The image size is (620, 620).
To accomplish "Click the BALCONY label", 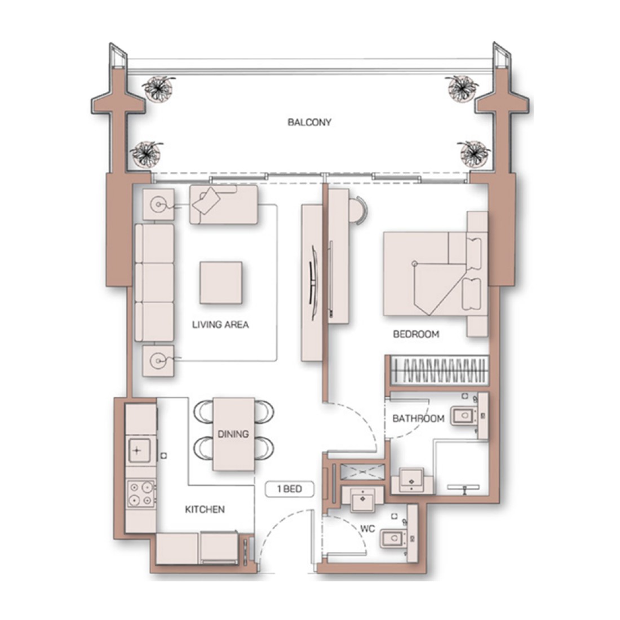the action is click(309, 122).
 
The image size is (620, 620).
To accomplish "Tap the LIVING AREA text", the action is click(220, 325).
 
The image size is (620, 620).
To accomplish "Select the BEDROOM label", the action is click(416, 334).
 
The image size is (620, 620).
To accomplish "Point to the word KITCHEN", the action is click(205, 510).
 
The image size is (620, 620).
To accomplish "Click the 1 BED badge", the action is click(290, 489).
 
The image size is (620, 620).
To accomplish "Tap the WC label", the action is click(367, 529).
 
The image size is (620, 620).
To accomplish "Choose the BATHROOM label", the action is click(418, 418).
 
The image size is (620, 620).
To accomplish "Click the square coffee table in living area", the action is click(220, 283).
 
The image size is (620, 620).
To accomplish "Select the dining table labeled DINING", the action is click(234, 434).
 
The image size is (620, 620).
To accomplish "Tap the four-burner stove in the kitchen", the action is click(141, 494).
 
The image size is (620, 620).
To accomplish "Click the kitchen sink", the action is click(140, 451).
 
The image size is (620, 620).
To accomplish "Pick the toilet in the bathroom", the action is click(464, 415).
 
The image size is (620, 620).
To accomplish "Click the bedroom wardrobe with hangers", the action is click(439, 370).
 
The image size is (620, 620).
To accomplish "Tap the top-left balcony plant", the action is click(158, 87).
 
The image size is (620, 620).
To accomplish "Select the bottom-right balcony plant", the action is click(475, 153).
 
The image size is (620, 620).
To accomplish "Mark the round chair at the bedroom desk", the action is click(360, 211).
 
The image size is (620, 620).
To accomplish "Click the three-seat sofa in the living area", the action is click(154, 282).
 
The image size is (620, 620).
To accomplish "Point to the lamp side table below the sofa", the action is click(158, 361).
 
